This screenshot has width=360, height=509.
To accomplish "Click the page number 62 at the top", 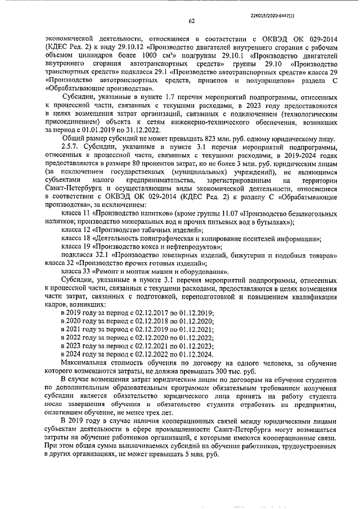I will click(191, 21).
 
